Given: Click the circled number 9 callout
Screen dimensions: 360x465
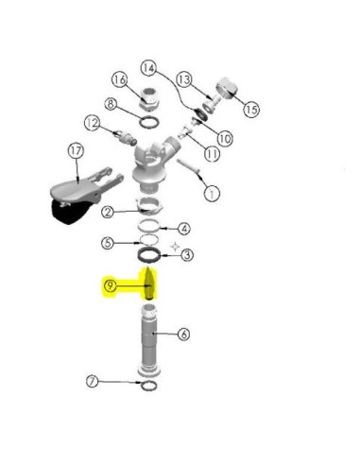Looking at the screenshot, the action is click(110, 286).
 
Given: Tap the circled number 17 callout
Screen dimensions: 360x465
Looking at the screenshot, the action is click(76, 151).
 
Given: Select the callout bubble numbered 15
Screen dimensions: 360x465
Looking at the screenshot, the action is click(251, 109).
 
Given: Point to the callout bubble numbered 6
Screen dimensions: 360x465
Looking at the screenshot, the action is click(184, 334).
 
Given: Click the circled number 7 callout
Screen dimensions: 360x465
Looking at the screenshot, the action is click(93, 382).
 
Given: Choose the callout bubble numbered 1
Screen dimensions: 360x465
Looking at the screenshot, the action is click(212, 193).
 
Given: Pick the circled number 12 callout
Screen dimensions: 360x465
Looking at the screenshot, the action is click(93, 123).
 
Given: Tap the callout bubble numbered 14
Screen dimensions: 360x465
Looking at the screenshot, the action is click(148, 68).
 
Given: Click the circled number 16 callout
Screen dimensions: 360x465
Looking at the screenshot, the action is click(120, 79).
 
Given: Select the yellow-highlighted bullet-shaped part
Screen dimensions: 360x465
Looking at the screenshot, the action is click(150, 284).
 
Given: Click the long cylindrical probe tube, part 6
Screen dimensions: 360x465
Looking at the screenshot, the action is click(149, 340).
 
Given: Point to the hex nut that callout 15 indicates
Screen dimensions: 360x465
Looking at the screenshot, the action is click(227, 87).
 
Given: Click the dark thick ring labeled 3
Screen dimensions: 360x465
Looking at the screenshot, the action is click(149, 255).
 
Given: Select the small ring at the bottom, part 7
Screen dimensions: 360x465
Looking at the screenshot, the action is click(148, 386).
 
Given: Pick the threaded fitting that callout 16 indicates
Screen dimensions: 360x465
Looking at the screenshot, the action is click(149, 98).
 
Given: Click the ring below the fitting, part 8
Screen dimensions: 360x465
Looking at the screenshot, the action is click(149, 122).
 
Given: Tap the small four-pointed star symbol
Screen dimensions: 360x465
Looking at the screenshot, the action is click(175, 247).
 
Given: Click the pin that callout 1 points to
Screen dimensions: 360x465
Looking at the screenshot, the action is click(188, 166).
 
